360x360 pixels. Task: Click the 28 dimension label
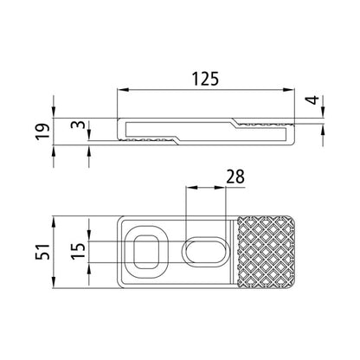click(233, 177)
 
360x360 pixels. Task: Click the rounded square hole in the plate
click(144, 251)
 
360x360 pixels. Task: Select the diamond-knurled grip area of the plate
click(267, 251)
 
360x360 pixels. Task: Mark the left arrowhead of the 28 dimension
click(190, 189)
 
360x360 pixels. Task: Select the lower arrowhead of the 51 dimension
click(55, 284)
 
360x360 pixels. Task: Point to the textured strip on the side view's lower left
click(151, 138)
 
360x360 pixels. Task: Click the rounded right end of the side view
click(293, 131)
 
